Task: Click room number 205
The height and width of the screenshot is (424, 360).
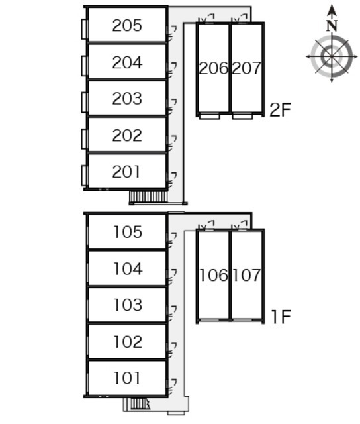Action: point(127,26)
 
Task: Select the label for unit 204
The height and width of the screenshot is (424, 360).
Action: point(127,62)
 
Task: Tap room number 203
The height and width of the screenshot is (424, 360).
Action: point(127,99)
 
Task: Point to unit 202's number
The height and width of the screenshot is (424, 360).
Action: point(127,135)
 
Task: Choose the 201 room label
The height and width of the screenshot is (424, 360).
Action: point(126,172)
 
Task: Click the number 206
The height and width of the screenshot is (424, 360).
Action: point(213,68)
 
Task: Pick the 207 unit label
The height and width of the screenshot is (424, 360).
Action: point(246,68)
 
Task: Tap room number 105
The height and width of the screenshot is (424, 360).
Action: point(128,232)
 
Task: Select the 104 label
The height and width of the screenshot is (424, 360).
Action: point(128,269)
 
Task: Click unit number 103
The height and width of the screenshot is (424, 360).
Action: point(128,305)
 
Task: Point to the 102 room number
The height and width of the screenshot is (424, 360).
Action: point(128,342)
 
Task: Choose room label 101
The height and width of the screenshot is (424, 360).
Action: point(127,378)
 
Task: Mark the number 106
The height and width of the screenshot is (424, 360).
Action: point(214,276)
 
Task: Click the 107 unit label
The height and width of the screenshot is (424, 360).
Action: point(247,276)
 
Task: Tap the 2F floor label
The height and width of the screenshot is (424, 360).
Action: point(281,109)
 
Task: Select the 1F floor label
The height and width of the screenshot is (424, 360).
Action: point(281,317)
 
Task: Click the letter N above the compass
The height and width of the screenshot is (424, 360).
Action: point(332,26)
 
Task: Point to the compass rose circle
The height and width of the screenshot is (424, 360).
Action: point(332,57)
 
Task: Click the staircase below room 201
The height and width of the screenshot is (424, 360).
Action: point(148,197)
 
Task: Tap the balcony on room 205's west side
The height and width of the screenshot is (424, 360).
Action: point(84,29)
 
